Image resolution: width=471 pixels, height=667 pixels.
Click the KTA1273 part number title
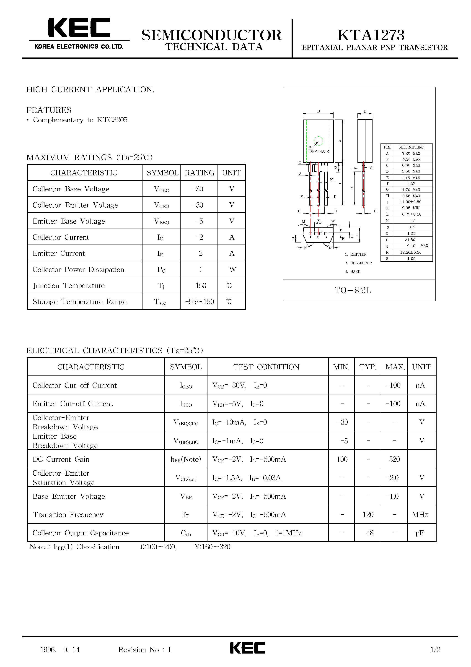tap(371, 35)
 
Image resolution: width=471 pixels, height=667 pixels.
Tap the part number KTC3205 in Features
tap(112, 120)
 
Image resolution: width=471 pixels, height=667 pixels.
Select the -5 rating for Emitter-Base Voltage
tap(199, 221)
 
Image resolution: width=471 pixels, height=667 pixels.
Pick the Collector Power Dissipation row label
tap(78, 270)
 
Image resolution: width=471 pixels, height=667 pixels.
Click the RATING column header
tap(199, 173)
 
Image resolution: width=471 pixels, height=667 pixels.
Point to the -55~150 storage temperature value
tap(199, 302)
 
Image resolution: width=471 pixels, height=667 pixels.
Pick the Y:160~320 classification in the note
tap(212, 547)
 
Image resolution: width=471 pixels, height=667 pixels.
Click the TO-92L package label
tap(353, 290)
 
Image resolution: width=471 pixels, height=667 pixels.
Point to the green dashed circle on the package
tap(318, 141)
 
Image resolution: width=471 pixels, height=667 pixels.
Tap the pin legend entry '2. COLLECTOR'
tap(358, 263)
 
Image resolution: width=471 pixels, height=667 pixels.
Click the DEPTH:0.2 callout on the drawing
tap(319, 151)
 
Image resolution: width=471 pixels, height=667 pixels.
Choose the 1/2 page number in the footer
tap(435, 650)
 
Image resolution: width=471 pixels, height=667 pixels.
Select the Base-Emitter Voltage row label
tap(69, 496)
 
